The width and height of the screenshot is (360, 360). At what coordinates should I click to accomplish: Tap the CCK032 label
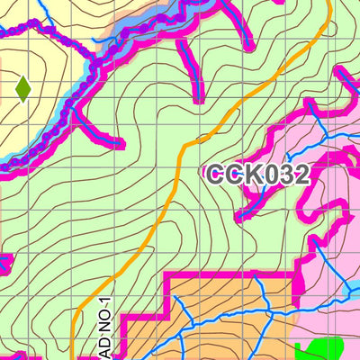point(258,175)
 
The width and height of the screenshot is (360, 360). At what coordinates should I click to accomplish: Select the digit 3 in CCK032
point(285,175)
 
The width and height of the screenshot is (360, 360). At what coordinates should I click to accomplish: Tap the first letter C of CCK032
point(217,175)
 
